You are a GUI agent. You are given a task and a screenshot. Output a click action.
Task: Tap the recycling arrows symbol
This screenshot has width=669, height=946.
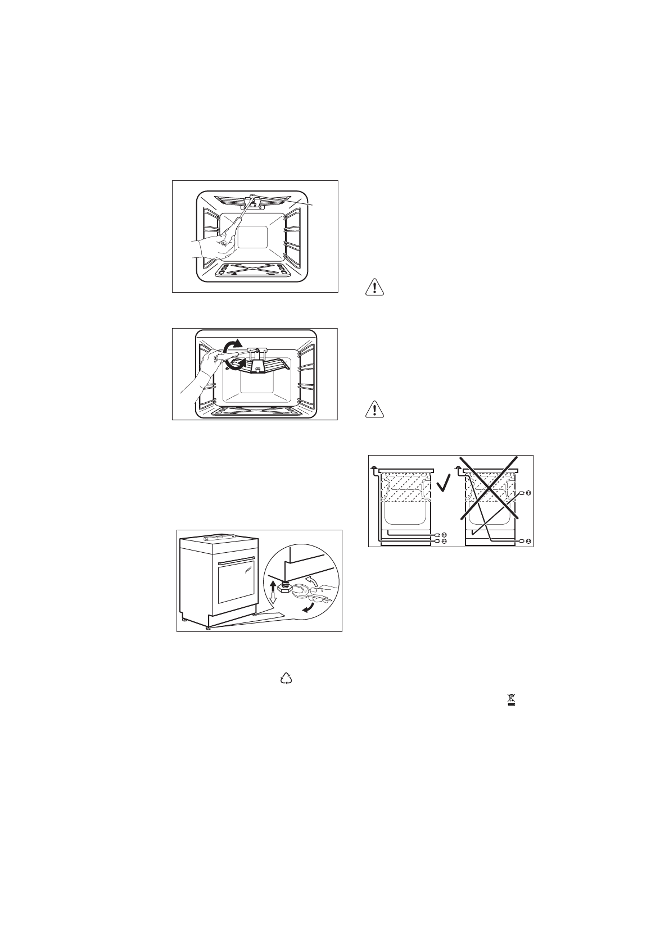(x=287, y=680)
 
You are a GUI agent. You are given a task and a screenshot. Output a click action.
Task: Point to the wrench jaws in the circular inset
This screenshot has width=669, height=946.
(x=299, y=590)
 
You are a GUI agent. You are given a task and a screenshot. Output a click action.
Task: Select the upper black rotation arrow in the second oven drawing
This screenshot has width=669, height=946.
(x=232, y=346)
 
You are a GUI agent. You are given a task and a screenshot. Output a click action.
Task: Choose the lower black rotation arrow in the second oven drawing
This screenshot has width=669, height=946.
(x=232, y=365)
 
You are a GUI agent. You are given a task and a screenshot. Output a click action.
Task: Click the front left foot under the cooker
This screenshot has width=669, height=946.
(x=209, y=628)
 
